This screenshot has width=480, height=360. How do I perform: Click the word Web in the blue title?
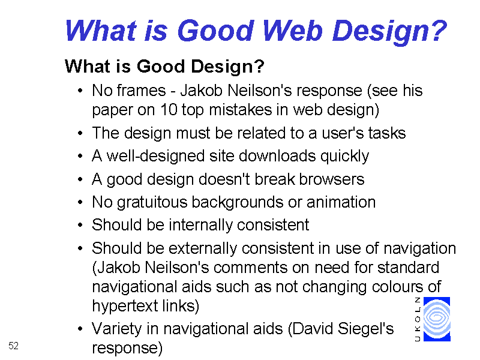click(292, 31)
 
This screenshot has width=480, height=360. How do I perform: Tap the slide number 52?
click(13, 346)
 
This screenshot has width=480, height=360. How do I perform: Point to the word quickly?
click(344, 156)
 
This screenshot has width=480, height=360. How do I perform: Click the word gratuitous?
click(152, 202)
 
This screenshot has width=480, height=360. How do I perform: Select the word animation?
click(341, 202)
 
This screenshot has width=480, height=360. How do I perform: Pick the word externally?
click(203, 248)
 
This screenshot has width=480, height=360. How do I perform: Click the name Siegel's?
click(366, 329)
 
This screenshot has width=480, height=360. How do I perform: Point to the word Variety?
click(116, 329)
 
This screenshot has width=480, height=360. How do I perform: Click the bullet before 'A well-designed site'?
click(80, 156)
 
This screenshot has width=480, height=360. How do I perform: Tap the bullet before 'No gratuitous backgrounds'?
click(80, 202)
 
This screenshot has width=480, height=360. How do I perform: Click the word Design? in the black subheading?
click(227, 67)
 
